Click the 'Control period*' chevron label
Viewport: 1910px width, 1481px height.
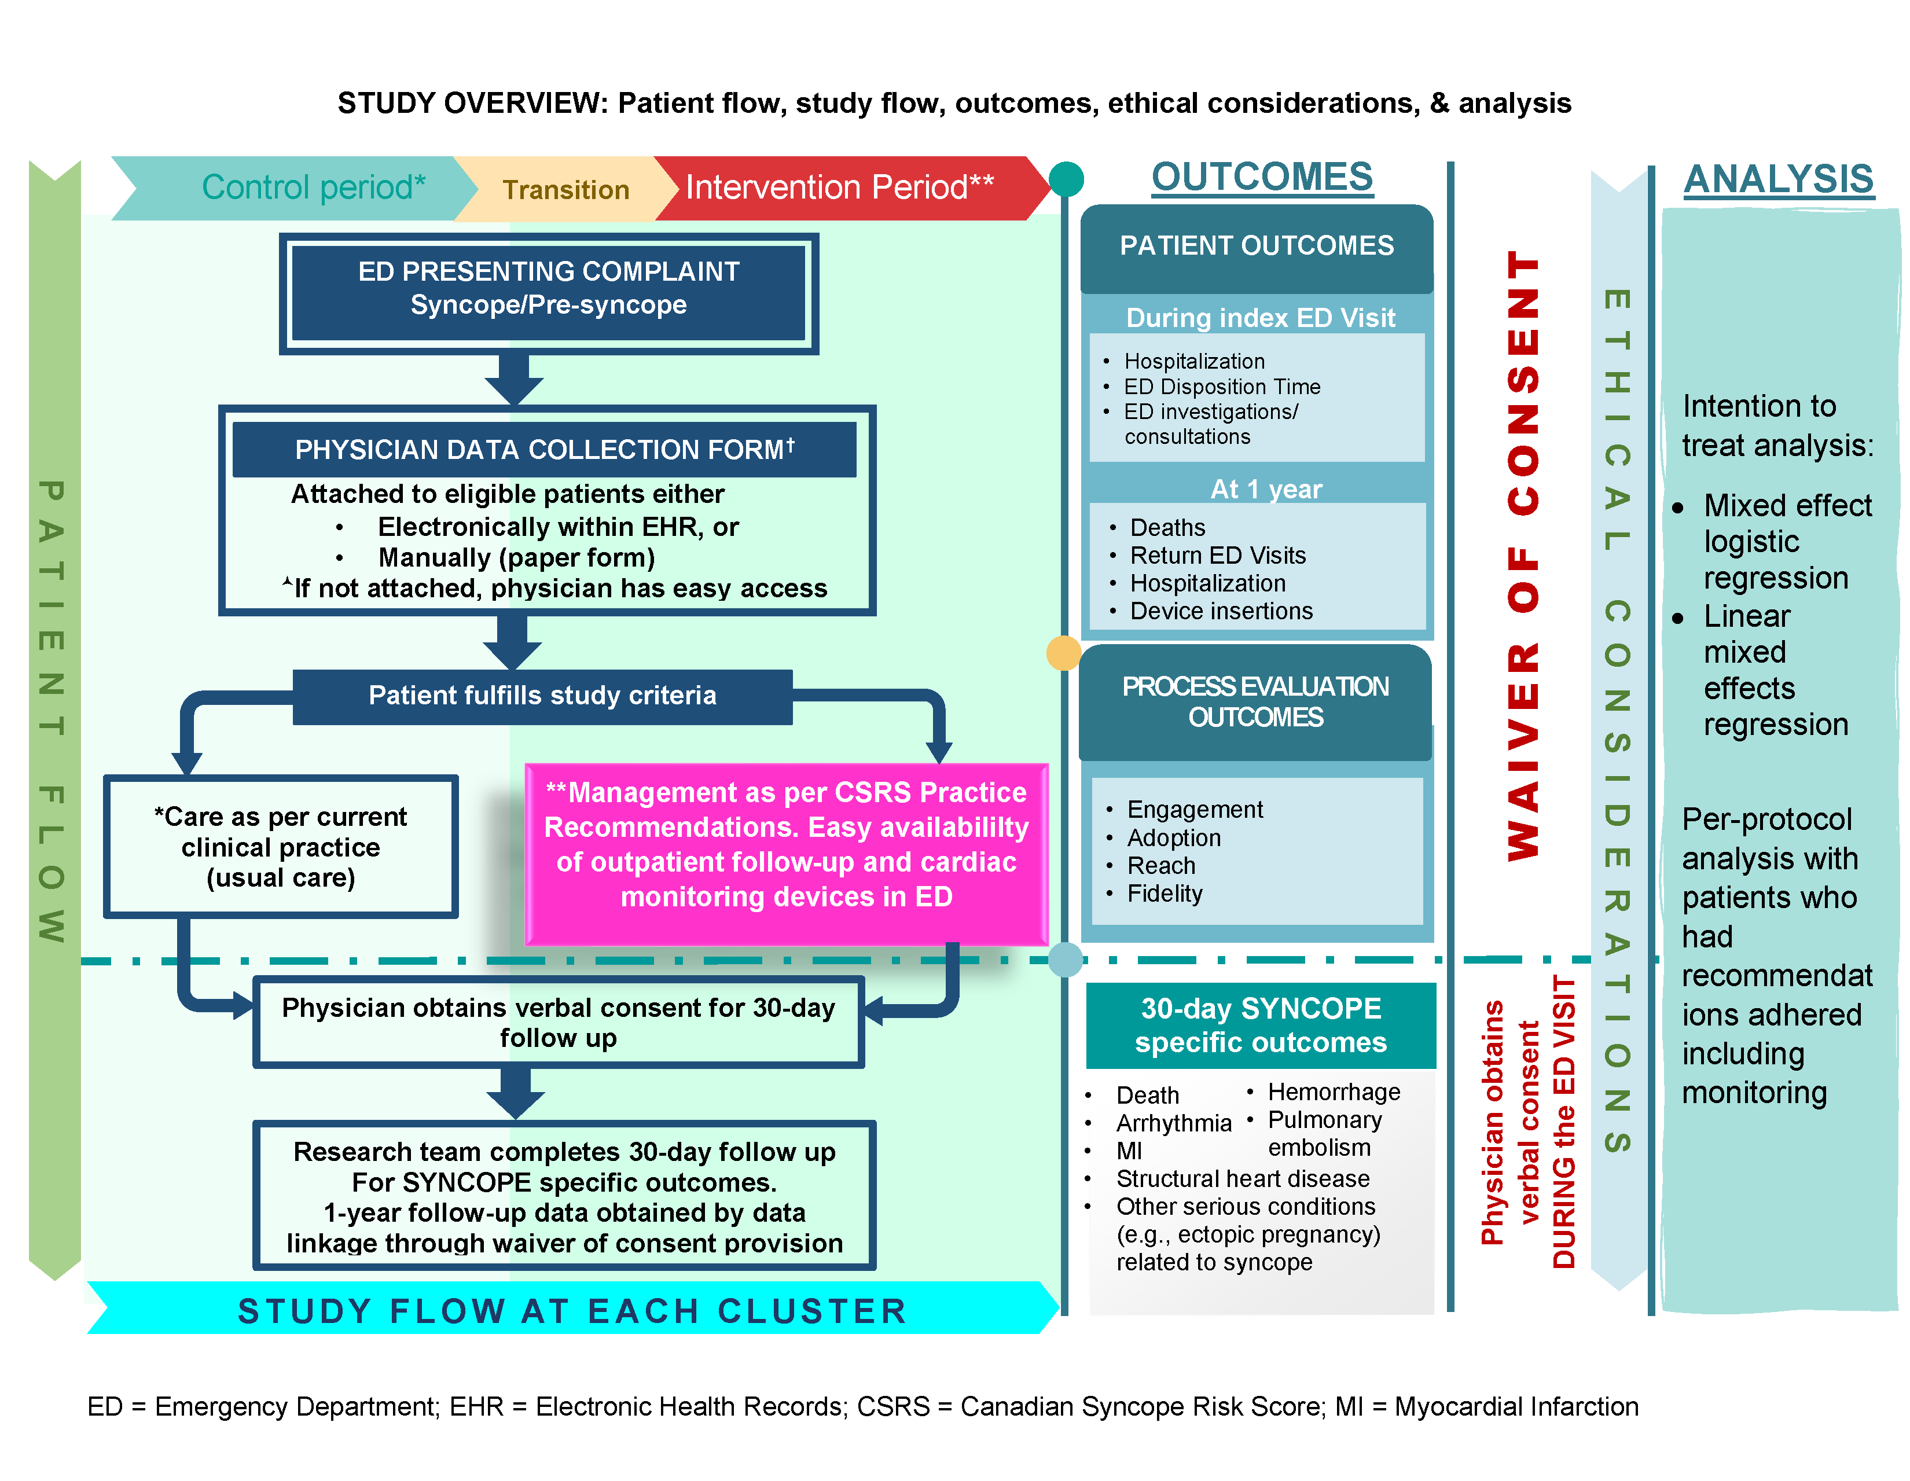click(312, 187)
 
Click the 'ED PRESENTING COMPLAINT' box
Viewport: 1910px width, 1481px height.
click(548, 289)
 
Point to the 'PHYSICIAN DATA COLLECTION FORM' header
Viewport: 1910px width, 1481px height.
click(544, 449)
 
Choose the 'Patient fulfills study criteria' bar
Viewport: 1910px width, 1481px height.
click(542, 695)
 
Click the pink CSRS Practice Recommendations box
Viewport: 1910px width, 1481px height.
click(785, 844)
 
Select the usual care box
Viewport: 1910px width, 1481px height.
click(280, 846)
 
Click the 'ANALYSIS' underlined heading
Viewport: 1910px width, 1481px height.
click(1778, 179)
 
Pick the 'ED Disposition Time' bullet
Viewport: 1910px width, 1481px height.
click(1221, 387)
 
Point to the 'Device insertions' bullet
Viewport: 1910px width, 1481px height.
click(1221, 611)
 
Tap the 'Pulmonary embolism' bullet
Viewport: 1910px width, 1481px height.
click(1324, 1133)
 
